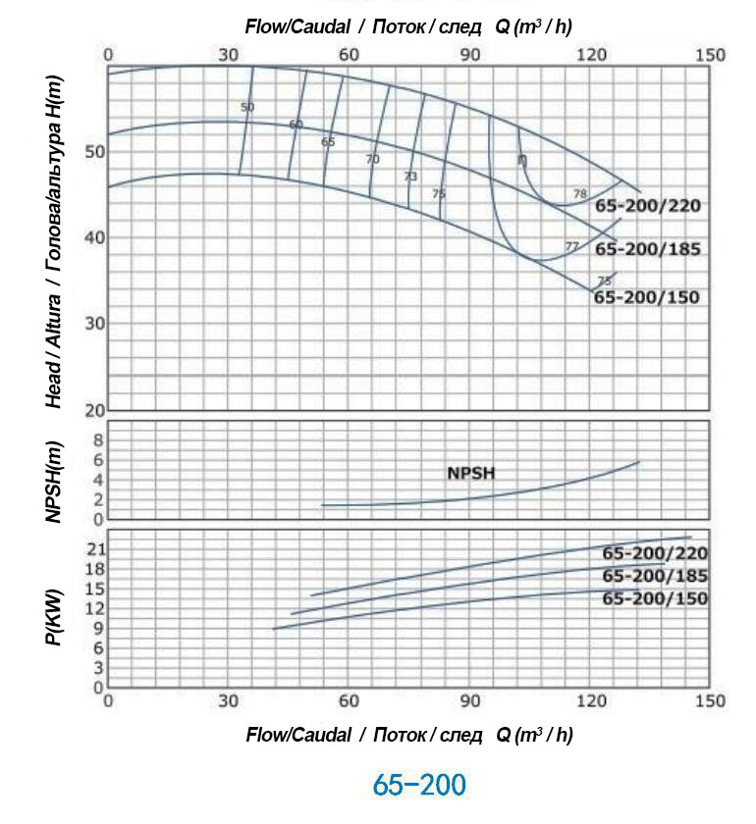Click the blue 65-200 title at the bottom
click(419, 786)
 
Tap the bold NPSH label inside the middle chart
click(471, 473)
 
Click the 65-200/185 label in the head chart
click(648, 249)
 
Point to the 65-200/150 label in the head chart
click(647, 296)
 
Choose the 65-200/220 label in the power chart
click(655, 553)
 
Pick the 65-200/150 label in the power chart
click(655, 598)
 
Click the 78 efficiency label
click(579, 193)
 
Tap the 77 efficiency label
click(571, 245)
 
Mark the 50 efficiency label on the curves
click(246, 106)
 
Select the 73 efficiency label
click(410, 177)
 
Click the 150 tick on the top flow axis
click(711, 55)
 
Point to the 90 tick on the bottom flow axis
click(469, 701)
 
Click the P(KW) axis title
click(54, 616)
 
